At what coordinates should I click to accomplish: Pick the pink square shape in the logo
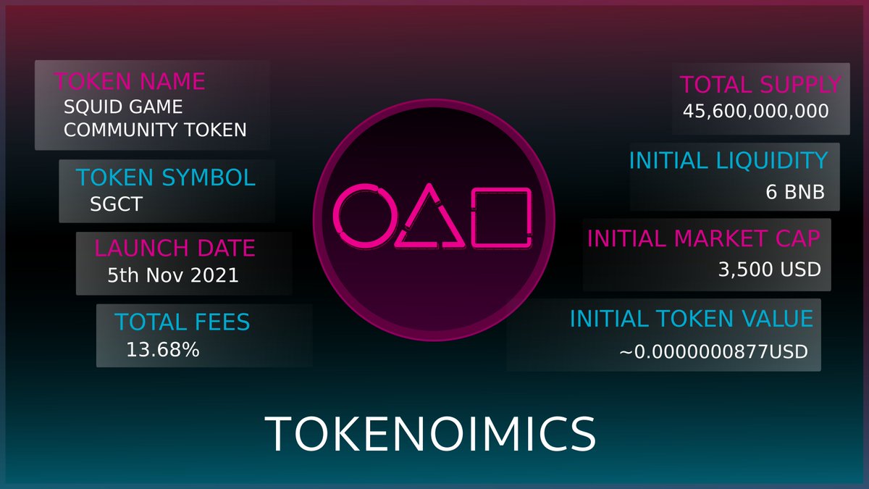[501, 215]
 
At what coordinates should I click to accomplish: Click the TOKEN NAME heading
[130, 80]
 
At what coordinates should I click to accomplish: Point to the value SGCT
[116, 204]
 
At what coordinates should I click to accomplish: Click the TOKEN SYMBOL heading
[166, 177]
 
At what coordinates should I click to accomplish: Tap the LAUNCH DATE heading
[175, 248]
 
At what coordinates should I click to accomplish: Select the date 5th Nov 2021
[172, 275]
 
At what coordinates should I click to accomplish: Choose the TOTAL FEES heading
[182, 322]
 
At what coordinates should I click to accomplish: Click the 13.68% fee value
[163, 350]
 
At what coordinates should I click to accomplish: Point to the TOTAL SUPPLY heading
[760, 85]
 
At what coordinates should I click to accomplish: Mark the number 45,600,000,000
[755, 112]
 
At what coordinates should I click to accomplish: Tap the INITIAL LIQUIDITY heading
[728, 160]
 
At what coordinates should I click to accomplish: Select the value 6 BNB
[794, 193]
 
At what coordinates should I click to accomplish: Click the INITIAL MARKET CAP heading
[703, 238]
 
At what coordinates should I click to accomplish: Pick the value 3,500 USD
[770, 269]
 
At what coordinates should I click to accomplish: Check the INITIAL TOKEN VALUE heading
[692, 318]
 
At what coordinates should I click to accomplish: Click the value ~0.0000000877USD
[713, 352]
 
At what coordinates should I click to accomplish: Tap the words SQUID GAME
[123, 107]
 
